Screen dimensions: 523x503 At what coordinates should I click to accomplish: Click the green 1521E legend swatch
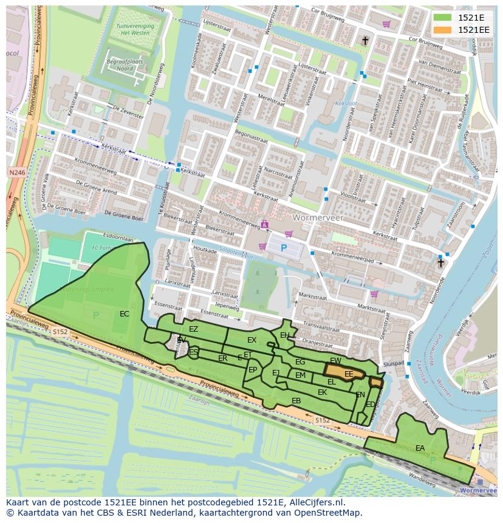click(x=443, y=18)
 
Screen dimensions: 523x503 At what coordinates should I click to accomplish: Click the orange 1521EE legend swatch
click(x=443, y=30)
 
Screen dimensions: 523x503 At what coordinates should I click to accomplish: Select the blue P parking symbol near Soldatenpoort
click(x=283, y=248)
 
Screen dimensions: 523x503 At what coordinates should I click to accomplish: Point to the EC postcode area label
click(x=125, y=314)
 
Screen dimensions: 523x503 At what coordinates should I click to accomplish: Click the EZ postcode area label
click(x=193, y=329)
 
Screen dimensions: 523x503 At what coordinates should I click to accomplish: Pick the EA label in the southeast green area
click(x=420, y=448)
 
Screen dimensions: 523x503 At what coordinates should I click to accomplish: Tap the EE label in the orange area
click(x=349, y=374)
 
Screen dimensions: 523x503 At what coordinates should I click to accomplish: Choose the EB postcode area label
click(x=296, y=401)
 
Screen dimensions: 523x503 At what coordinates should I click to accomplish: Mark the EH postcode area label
click(x=285, y=335)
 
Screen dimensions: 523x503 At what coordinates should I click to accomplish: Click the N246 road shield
click(x=17, y=173)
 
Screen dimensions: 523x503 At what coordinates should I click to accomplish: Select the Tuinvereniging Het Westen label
click(x=134, y=30)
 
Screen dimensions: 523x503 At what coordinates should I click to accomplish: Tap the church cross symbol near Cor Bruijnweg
click(x=365, y=41)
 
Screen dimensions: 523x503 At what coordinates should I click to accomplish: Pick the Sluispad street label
click(x=394, y=363)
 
